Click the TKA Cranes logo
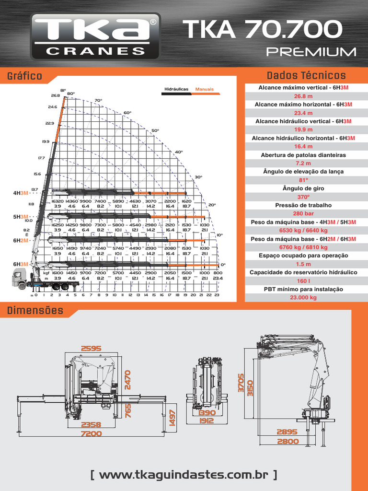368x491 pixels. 95,36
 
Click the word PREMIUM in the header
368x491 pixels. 311,52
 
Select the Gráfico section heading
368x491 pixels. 24,76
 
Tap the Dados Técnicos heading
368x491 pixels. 306,76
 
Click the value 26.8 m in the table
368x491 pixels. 303,96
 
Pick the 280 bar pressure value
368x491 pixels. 303,213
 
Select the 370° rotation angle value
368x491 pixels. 303,197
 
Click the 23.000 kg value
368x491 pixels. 303,297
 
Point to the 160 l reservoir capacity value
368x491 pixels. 303,281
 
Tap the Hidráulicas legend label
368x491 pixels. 176,89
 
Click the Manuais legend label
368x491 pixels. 205,89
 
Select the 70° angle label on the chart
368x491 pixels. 98,101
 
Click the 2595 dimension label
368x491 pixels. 92,349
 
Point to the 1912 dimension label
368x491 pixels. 207,421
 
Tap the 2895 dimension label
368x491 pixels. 287,432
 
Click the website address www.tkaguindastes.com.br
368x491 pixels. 184,475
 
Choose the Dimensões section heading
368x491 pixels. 35,311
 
